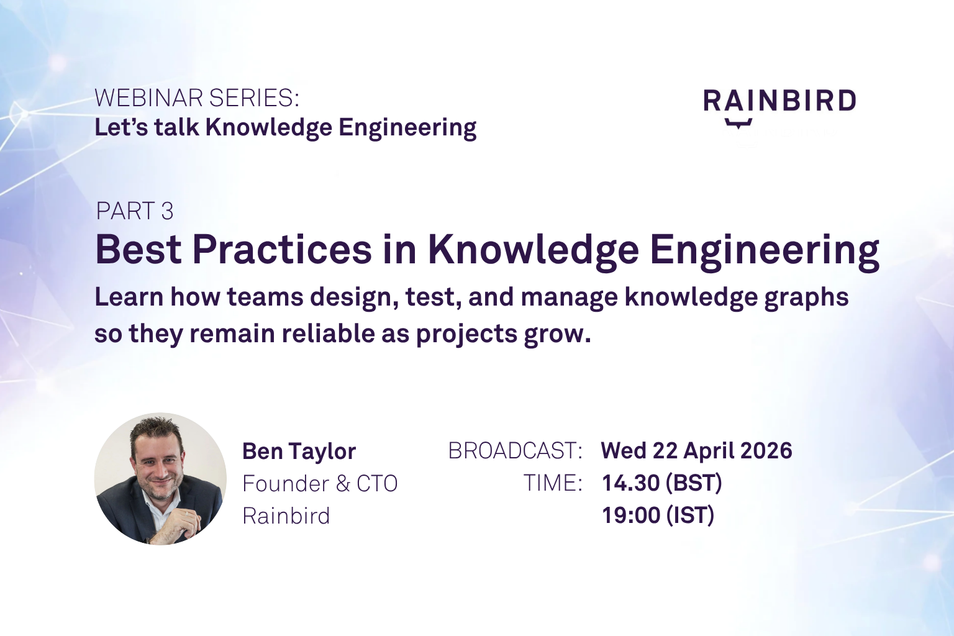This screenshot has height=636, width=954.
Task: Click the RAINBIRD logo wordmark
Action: point(779,101)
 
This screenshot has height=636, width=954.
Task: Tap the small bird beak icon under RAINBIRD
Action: point(738,123)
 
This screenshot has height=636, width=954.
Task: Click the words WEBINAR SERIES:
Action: point(197,98)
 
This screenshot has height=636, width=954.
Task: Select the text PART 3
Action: point(135,211)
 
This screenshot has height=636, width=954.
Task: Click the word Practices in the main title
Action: point(282,250)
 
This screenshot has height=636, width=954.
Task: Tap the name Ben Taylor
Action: point(299,451)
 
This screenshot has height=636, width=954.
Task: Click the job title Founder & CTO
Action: point(320,483)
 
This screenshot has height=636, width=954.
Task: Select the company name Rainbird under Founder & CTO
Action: point(286,516)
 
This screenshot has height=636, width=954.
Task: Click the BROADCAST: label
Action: point(515,451)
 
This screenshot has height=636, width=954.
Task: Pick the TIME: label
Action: point(553,483)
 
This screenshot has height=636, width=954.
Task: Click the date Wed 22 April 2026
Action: point(696,450)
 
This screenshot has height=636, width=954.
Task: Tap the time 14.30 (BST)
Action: point(661,483)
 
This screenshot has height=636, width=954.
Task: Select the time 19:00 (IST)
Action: point(658,515)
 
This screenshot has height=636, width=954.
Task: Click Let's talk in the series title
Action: point(147,127)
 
